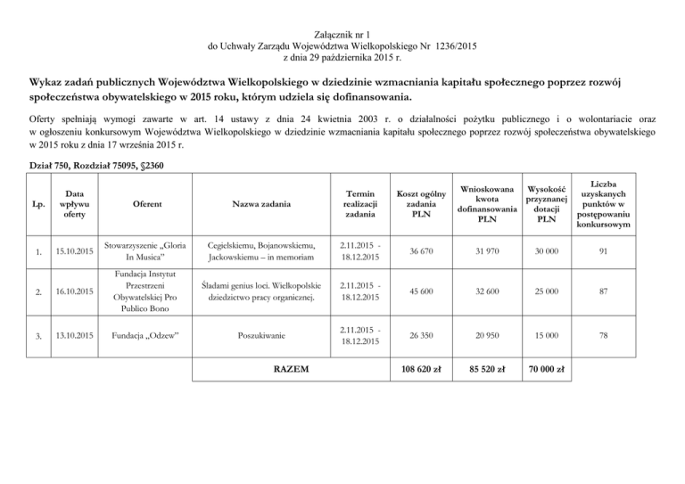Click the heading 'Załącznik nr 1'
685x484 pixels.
pos(342,32)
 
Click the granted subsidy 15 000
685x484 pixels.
pos(547,335)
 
